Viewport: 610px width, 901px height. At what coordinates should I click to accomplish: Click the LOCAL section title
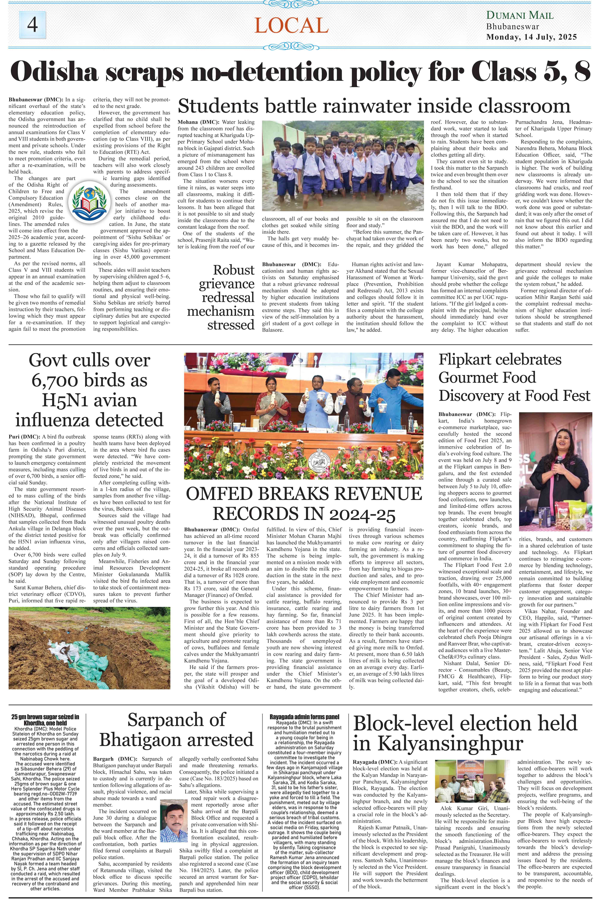coord(291,26)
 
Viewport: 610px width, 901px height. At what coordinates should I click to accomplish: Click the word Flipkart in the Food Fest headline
coord(469,359)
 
